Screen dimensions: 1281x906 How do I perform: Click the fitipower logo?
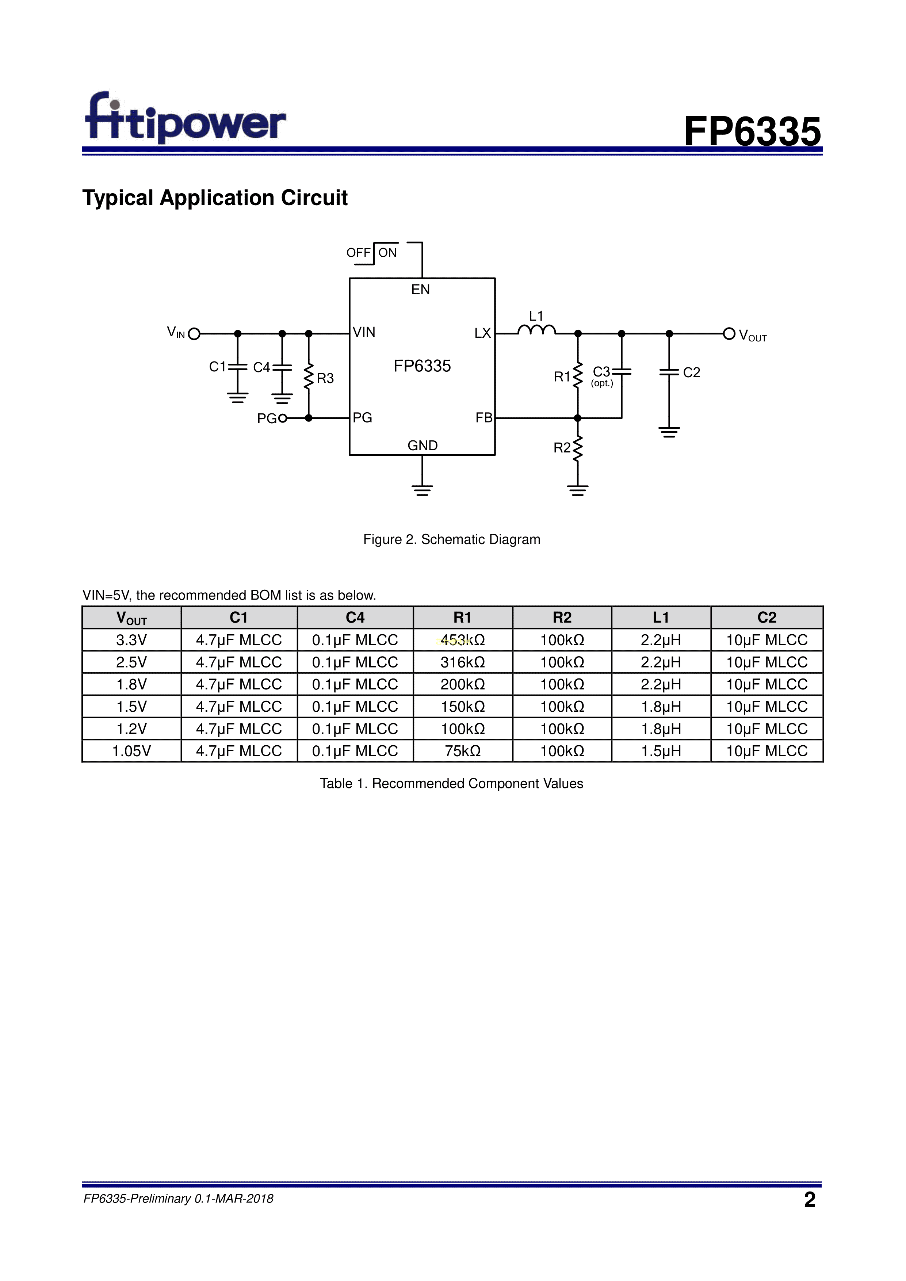(x=185, y=118)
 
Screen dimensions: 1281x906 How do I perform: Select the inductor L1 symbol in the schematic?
(x=536, y=330)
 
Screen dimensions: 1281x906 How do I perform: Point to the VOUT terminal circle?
(x=729, y=334)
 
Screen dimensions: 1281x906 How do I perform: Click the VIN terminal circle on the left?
(x=194, y=334)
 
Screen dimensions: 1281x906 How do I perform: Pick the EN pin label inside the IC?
(x=421, y=290)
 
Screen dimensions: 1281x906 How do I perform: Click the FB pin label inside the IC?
(x=484, y=417)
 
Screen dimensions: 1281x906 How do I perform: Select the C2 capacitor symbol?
(x=669, y=372)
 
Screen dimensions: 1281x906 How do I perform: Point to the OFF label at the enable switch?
(x=358, y=253)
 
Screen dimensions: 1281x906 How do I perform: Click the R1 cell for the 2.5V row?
(x=462, y=662)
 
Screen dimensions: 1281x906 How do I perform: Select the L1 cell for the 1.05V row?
(x=661, y=751)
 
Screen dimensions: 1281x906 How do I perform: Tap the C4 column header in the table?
(x=355, y=617)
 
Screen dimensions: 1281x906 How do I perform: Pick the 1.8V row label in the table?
(x=132, y=685)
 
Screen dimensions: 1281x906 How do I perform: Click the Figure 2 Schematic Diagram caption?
(x=451, y=539)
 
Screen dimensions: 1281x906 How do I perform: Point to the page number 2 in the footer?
(x=810, y=1199)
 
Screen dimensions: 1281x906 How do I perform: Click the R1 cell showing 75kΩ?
(x=462, y=751)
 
